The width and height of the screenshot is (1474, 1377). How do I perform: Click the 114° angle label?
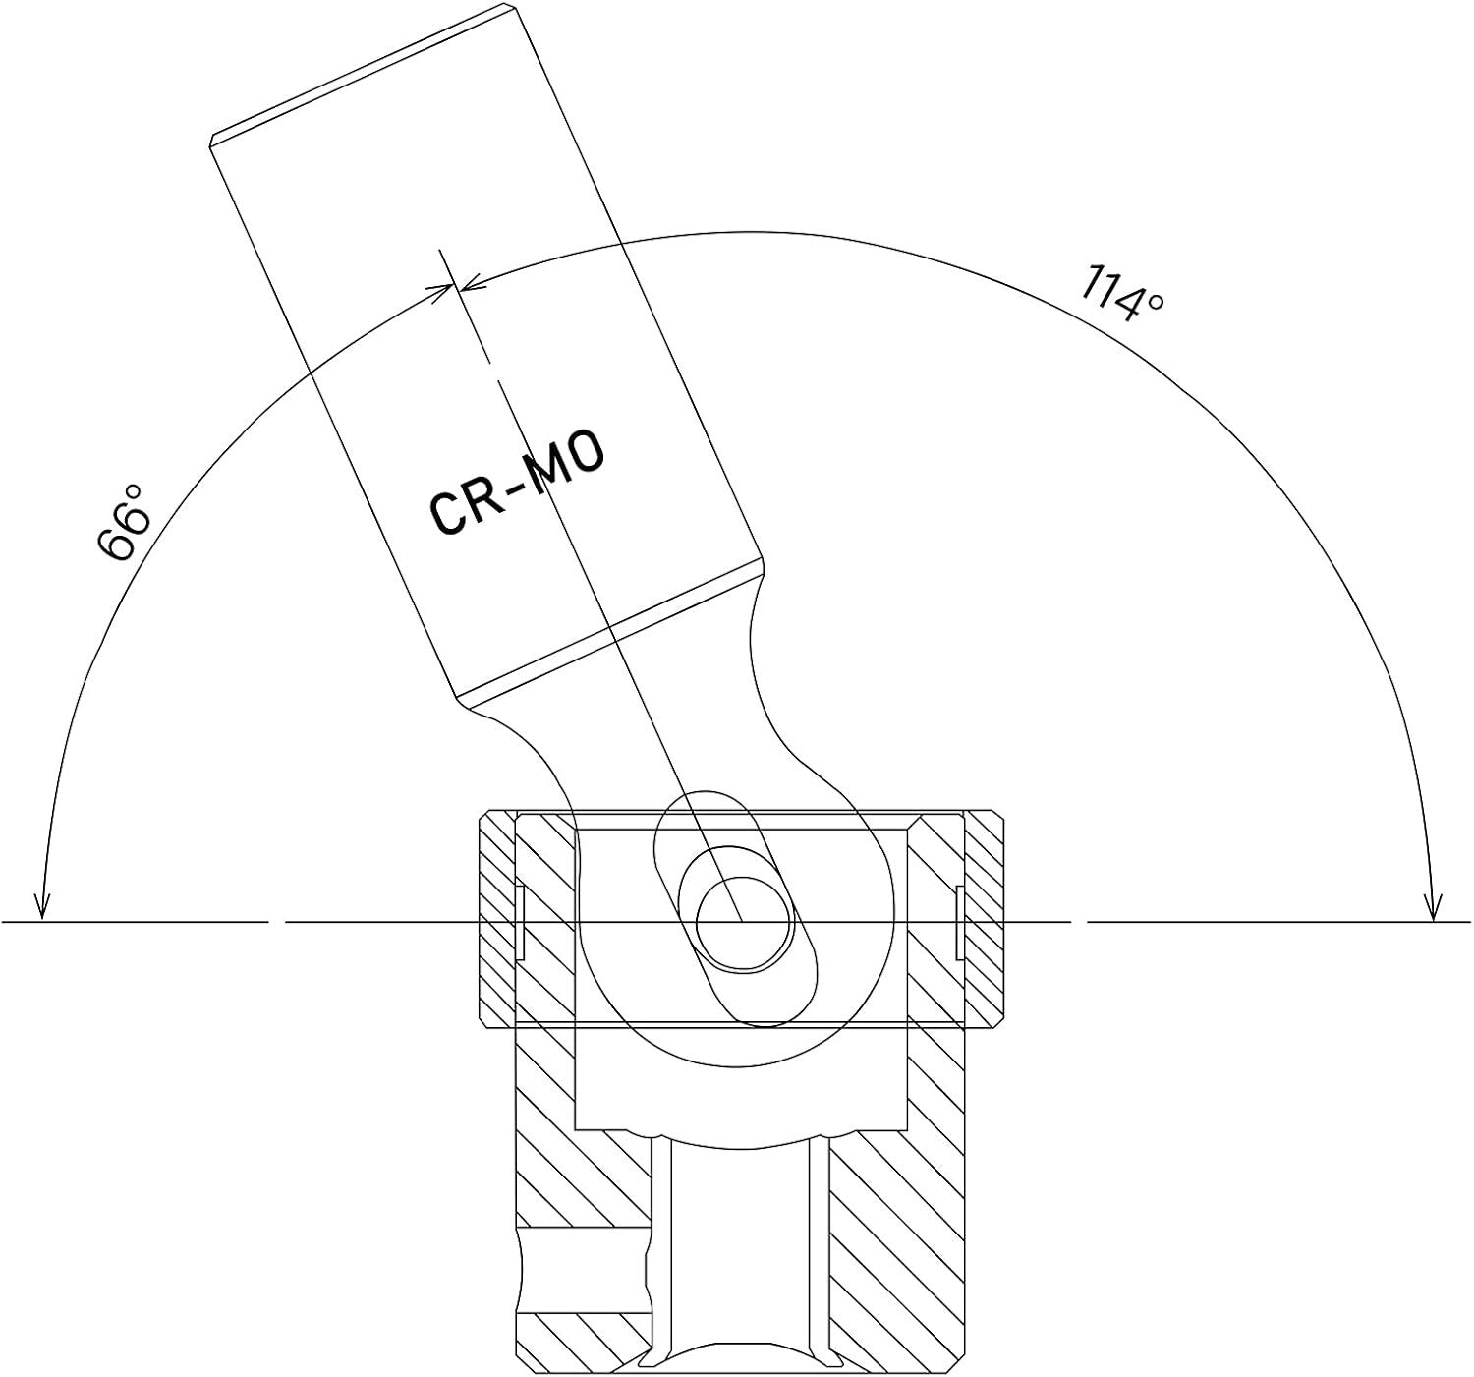pos(1120,295)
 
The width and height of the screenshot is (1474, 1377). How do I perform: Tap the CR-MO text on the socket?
pos(517,484)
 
